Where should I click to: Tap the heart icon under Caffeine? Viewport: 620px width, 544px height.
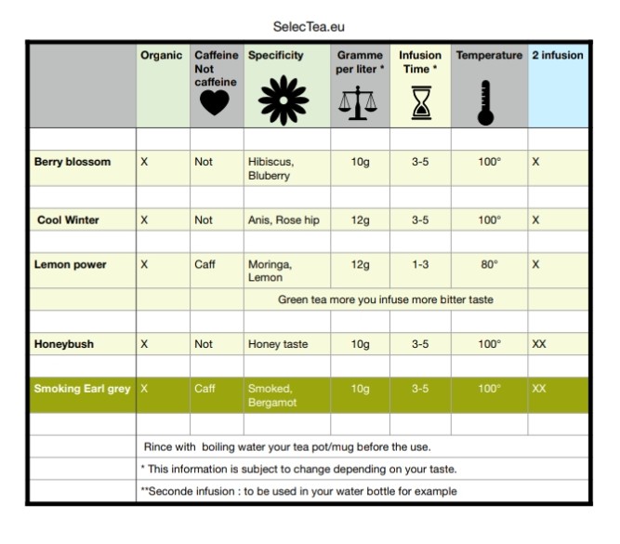pos(215,102)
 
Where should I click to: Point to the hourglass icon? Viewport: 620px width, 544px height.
pos(420,101)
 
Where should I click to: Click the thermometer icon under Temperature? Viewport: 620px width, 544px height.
pos(484,101)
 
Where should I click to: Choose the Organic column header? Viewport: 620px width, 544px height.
pos(161,56)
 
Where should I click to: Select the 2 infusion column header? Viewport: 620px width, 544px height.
pos(558,56)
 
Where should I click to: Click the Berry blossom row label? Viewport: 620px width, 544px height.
pos(73,162)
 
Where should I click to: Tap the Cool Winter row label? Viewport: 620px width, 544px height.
pos(69,220)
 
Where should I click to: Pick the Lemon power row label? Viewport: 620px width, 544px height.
pos(71,265)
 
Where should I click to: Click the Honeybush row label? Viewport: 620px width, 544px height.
pos(64,344)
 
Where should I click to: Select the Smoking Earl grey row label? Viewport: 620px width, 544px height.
pos(82,389)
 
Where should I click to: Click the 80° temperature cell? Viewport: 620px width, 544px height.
pos(489,265)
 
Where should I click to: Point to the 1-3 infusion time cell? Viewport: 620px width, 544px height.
pos(420,265)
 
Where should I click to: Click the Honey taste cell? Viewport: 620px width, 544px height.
pos(277,344)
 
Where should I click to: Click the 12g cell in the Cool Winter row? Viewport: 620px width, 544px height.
pos(360,220)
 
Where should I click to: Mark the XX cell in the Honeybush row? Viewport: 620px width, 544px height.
pos(539,344)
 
